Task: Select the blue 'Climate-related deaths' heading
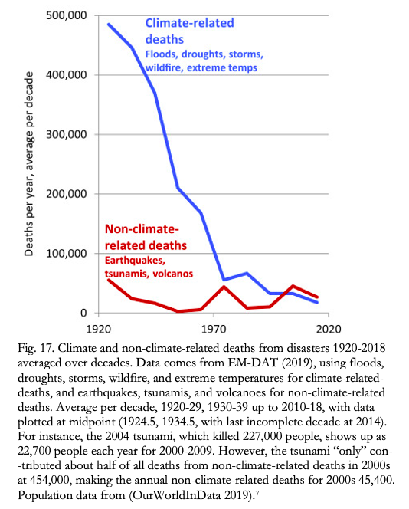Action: click(190, 31)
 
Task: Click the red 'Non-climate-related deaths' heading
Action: click(146, 237)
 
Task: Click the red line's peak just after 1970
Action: click(224, 287)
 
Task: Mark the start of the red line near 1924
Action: click(108, 280)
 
